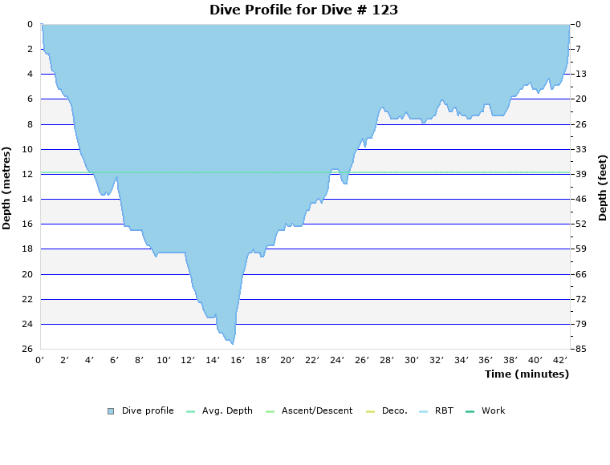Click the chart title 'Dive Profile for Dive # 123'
(303, 10)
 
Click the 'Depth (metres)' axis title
(7, 188)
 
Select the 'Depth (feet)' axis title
(602, 188)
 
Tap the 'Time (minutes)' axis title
(526, 374)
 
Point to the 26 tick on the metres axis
(27, 349)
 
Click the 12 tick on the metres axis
(27, 174)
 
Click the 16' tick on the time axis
(238, 361)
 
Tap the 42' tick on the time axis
(560, 361)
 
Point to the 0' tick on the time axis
(40, 361)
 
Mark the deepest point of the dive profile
(233, 343)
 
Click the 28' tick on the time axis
(386, 361)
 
